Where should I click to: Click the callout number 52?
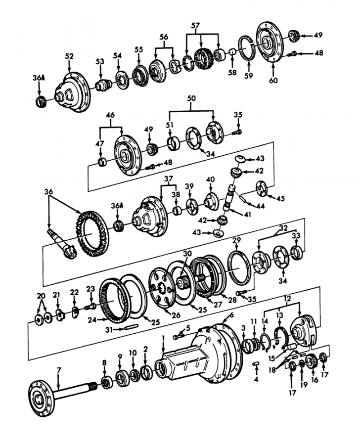69,56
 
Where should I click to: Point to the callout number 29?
237,240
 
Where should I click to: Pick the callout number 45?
280,199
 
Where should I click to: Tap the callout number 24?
91,320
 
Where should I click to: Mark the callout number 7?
58,369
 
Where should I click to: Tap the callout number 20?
41,296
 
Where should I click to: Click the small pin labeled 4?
256,365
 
